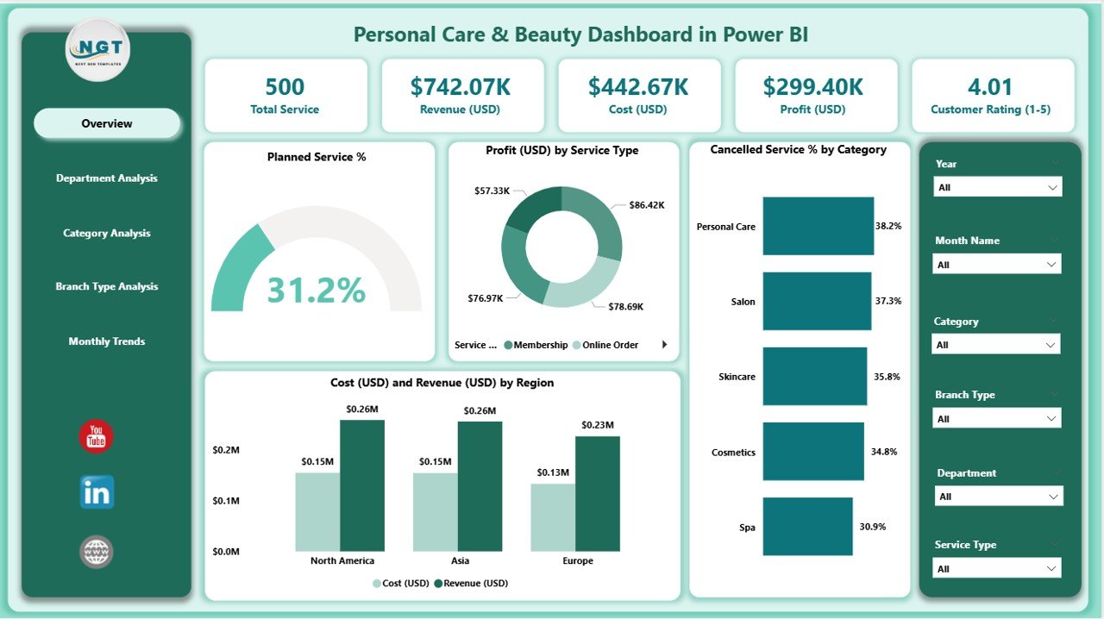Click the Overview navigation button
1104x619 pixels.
point(107,123)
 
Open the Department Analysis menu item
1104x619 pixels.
point(107,178)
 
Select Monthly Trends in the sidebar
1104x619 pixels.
point(107,341)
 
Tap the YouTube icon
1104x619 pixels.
point(97,436)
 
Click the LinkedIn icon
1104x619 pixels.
point(97,492)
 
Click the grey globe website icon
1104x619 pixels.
point(97,552)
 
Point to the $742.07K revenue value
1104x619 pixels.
point(461,87)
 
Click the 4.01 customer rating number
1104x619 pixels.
point(990,87)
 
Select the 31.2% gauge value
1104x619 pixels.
point(316,291)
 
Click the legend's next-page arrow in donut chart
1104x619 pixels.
point(664,345)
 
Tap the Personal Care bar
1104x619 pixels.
point(818,226)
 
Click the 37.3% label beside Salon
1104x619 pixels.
point(888,301)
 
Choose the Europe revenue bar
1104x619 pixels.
point(597,493)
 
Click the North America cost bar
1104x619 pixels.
point(317,511)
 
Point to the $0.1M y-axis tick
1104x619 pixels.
point(226,501)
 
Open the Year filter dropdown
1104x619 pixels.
point(997,187)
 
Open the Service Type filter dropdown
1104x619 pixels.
point(997,569)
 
